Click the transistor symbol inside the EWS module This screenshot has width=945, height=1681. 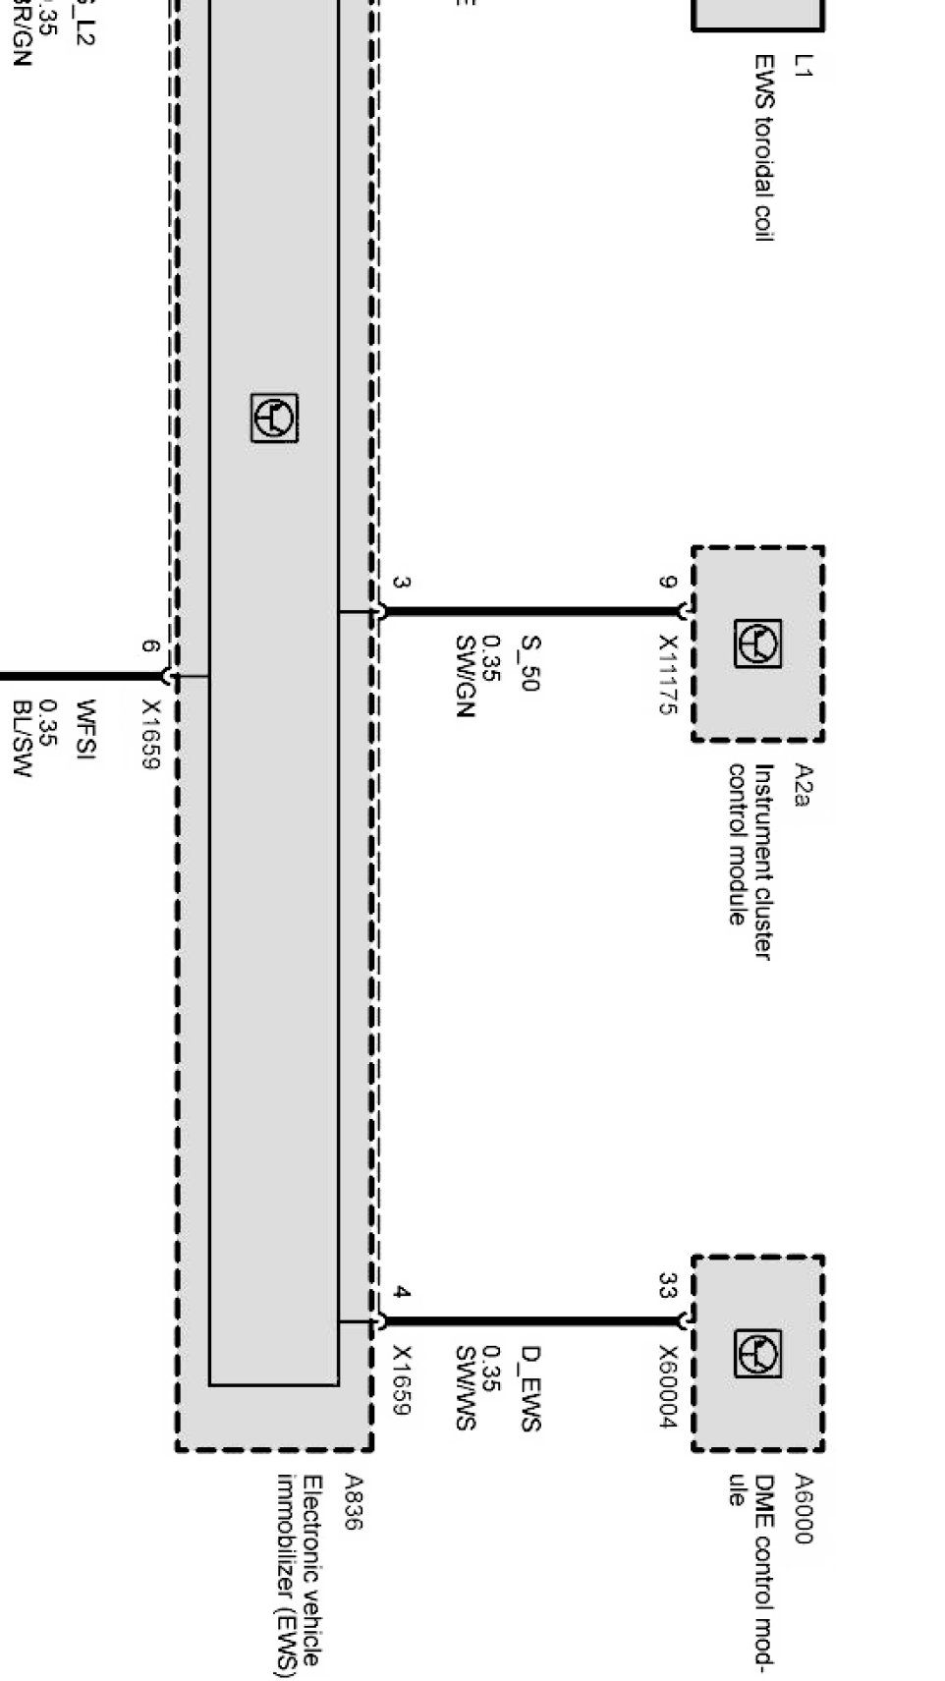274,419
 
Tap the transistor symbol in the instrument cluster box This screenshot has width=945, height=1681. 757,644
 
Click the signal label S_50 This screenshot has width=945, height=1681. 529,663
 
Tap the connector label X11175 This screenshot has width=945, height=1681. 668,674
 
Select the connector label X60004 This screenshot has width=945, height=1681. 668,1386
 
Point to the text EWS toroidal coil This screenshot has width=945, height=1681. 764,147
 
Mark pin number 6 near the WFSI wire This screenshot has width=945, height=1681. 148,646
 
